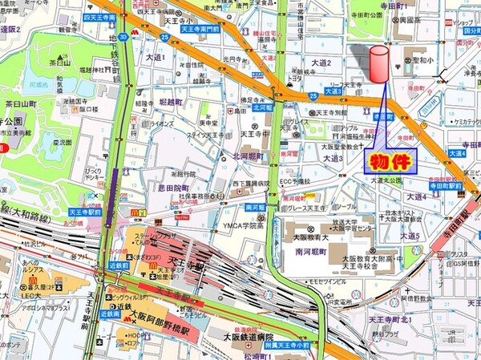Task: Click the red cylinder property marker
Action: (378, 63)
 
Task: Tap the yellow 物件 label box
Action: (389, 161)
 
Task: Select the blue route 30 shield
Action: (122, 36)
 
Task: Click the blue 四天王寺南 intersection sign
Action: (99, 16)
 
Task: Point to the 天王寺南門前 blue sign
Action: (198, 29)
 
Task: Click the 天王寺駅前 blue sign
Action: (84, 212)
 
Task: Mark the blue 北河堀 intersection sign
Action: (262, 106)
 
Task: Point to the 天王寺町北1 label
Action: (389, 320)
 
